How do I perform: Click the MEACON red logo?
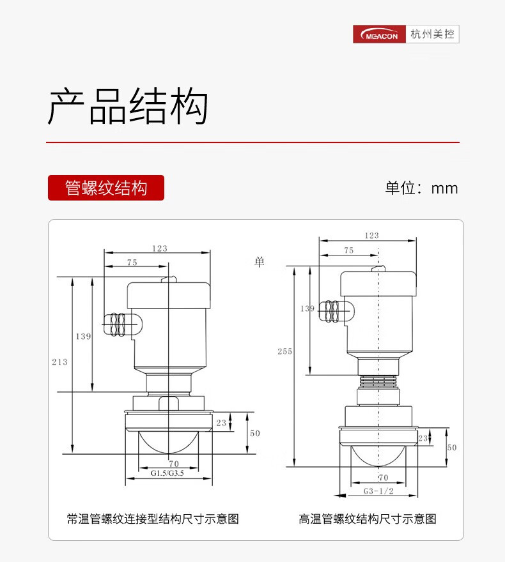380,34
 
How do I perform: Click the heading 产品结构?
128,106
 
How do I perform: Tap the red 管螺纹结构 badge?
106,188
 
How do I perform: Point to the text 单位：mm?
421,188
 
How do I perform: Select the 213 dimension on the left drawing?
59,362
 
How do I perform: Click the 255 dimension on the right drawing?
284,351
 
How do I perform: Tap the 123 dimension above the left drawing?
160,248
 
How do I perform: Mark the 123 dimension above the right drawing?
371,236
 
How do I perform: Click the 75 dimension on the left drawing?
132,262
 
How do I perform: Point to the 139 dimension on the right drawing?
307,308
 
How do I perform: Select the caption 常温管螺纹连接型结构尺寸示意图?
153,519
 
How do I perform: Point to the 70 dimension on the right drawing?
383,477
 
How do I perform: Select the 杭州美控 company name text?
433,34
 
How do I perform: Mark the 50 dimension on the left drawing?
255,433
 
